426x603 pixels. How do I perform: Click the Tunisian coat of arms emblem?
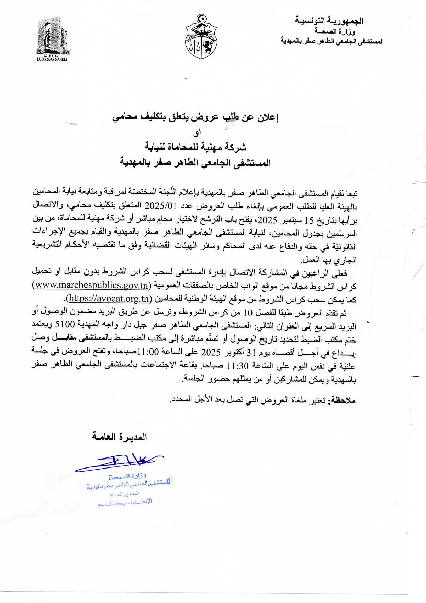[201, 37]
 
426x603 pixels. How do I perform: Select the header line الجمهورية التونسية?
[329, 21]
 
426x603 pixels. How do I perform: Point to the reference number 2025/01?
[160, 206]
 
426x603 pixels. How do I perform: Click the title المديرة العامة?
[119, 437]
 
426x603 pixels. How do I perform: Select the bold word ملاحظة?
[342, 400]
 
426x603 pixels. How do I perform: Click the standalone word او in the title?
[197, 133]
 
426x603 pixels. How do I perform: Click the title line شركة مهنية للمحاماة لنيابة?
[195, 147]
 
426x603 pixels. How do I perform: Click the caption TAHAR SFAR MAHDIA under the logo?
[52, 59]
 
